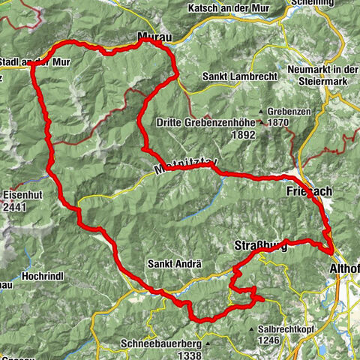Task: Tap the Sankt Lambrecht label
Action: click(x=234, y=76)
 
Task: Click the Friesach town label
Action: click(x=307, y=192)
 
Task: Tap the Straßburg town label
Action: click(x=262, y=248)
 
